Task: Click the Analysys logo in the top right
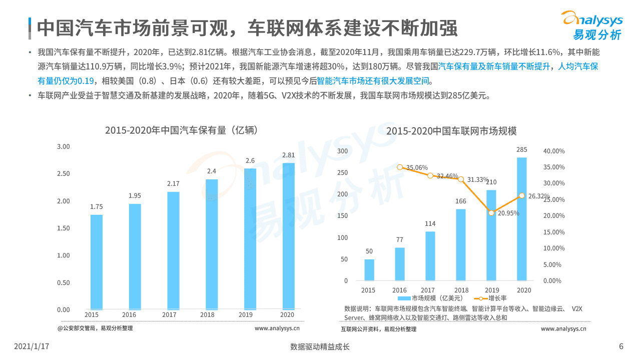click(x=592, y=25)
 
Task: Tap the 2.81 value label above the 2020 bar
click(x=288, y=155)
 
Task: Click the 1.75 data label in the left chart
click(x=97, y=207)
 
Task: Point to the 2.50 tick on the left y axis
click(x=63, y=174)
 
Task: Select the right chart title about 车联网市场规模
click(x=451, y=131)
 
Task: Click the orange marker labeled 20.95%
click(x=491, y=213)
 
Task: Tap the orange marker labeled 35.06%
click(x=400, y=167)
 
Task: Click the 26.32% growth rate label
click(x=538, y=196)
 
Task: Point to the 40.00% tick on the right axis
click(x=554, y=151)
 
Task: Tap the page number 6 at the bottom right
click(x=621, y=346)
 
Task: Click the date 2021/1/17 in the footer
click(x=32, y=346)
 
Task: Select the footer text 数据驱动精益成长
click(x=320, y=346)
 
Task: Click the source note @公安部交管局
click(x=95, y=328)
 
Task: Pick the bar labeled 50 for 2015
click(x=369, y=269)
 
